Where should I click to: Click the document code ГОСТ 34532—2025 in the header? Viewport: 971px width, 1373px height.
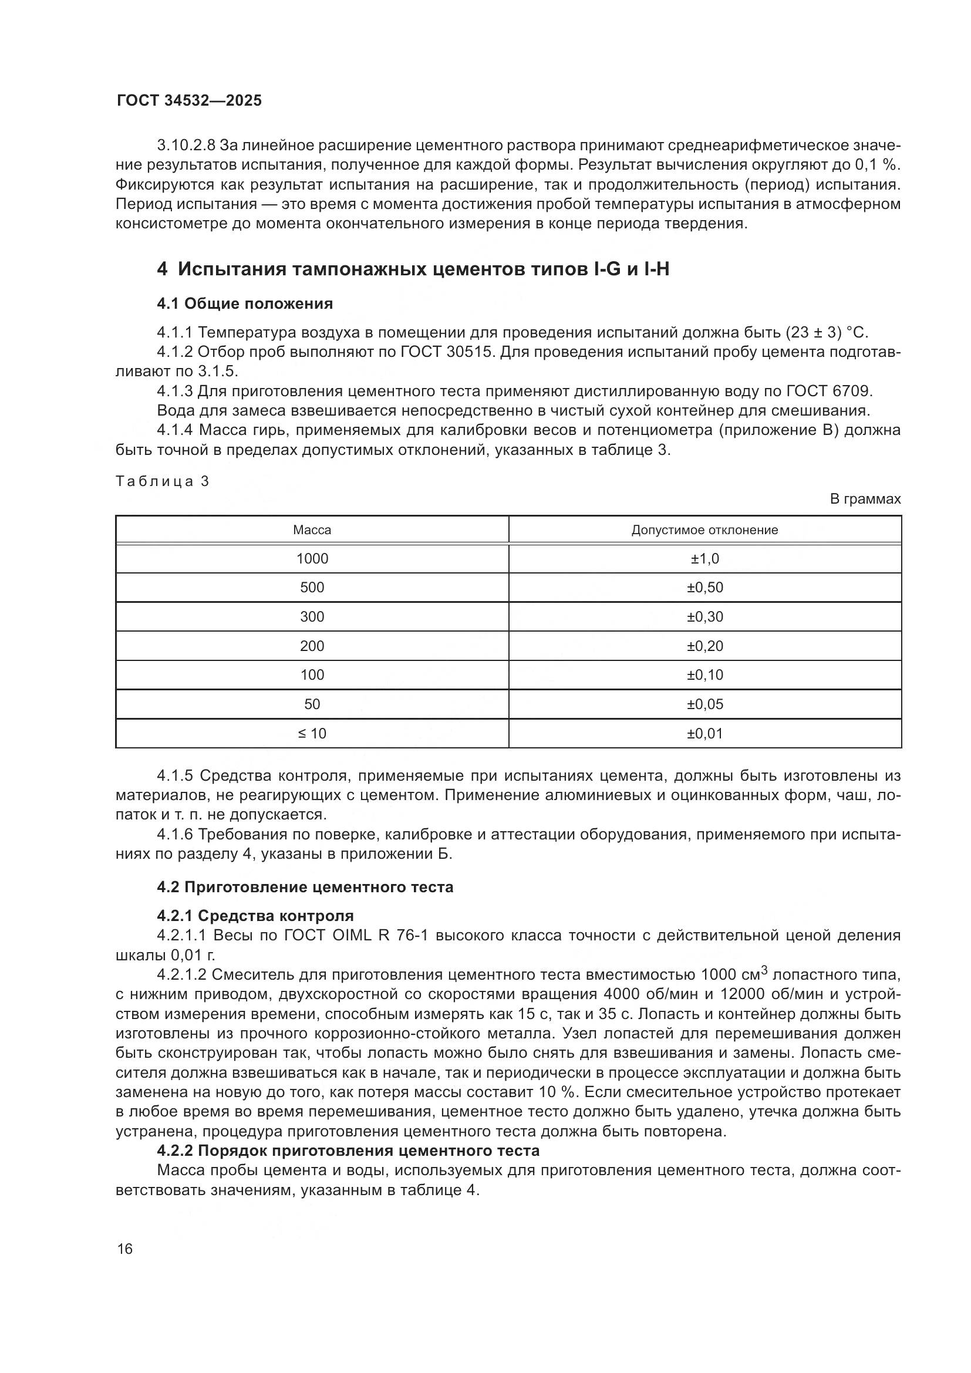pos(189,101)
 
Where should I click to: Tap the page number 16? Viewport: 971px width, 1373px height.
pos(125,1249)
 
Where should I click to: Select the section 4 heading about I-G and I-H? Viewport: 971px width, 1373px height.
pos(413,269)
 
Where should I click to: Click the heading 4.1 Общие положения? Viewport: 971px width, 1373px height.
pos(245,304)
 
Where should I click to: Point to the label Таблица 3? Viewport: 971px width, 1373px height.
pos(162,481)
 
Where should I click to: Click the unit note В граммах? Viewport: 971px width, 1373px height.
pos(865,499)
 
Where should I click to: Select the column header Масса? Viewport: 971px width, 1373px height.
pos(312,530)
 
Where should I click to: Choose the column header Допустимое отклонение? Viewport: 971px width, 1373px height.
pos(705,530)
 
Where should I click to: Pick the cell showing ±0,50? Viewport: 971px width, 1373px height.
pos(705,587)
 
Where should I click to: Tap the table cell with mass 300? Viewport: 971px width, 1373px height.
pos(312,616)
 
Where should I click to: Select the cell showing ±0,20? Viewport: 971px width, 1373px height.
pos(705,646)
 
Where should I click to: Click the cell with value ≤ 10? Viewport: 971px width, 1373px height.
pos(312,733)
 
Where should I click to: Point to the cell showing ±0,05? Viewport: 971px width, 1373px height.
pos(705,704)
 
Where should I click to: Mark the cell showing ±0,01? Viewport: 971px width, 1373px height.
pos(705,733)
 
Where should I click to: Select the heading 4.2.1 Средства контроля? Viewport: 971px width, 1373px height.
pos(255,916)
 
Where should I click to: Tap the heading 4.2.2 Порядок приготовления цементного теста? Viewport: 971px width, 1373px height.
pos(348,1151)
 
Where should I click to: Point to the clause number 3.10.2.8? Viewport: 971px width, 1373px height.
pos(186,146)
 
